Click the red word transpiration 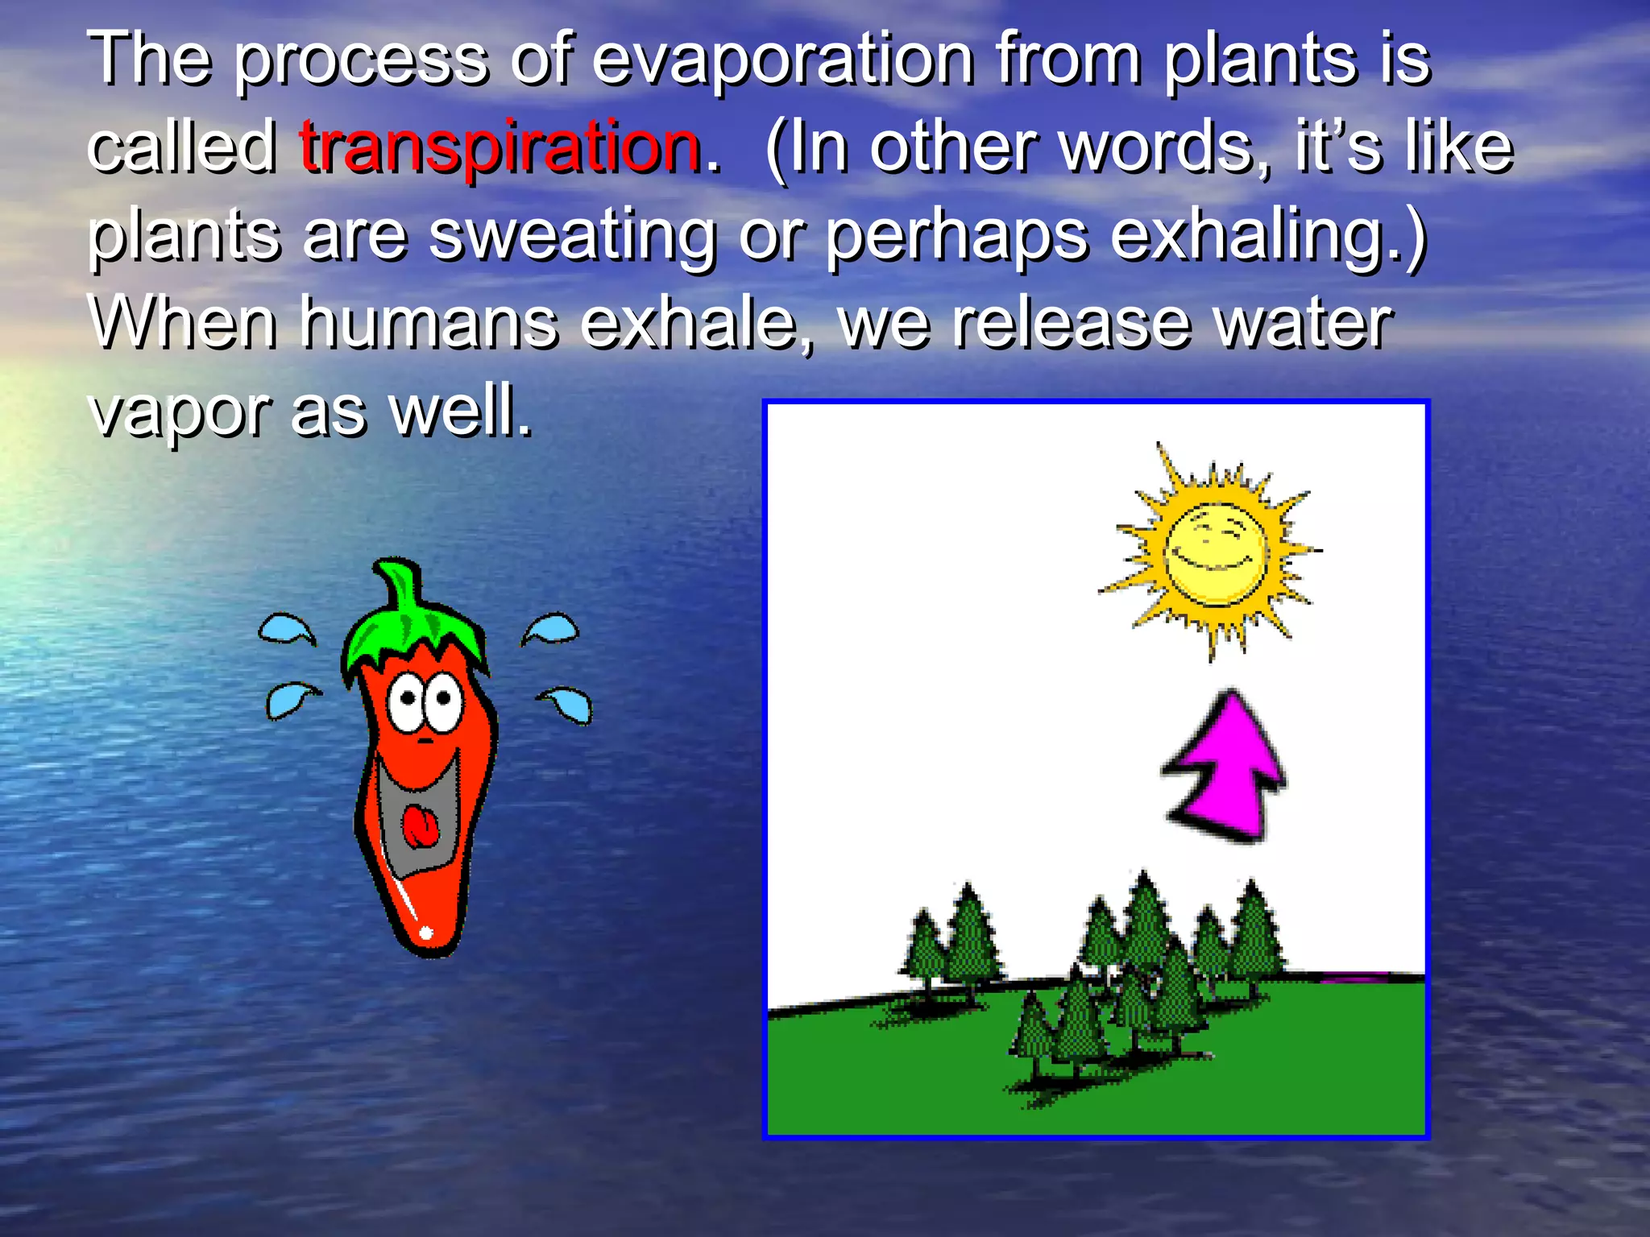pyautogui.click(x=500, y=147)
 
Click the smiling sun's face pyautogui.click(x=1215, y=554)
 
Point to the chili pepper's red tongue pyautogui.click(x=421, y=828)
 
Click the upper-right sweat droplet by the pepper pyautogui.click(x=553, y=628)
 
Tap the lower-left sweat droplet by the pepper pyautogui.click(x=288, y=699)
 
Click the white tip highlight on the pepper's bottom pyautogui.click(x=425, y=933)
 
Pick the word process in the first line pyautogui.click(x=361, y=60)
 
